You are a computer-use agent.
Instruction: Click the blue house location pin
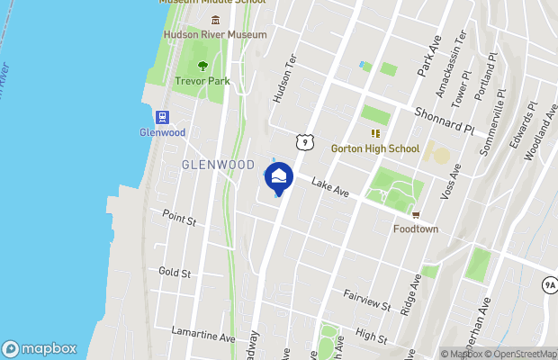click(278, 177)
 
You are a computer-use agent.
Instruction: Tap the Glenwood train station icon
click(163, 116)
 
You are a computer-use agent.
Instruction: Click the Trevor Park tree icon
click(202, 66)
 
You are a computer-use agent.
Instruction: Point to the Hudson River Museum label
click(215, 35)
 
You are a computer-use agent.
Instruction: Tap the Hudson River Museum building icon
click(215, 20)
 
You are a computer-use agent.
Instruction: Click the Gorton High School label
click(375, 148)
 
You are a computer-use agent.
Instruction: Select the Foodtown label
click(416, 229)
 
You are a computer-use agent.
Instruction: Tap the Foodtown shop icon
click(416, 214)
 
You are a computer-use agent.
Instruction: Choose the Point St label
click(178, 216)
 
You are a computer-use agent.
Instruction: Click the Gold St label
click(175, 272)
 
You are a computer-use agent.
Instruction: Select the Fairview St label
click(366, 300)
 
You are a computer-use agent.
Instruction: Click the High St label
click(371, 337)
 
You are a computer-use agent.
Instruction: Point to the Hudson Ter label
click(284, 85)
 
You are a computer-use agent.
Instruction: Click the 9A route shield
click(550, 285)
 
